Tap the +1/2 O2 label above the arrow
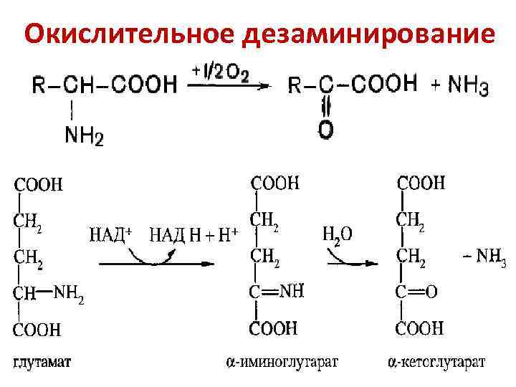click(x=220, y=72)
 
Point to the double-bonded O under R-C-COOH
click(x=325, y=130)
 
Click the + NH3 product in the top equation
click(x=460, y=87)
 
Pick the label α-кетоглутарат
click(x=432, y=363)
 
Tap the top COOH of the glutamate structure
click(x=38, y=185)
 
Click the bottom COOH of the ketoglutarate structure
click(x=420, y=329)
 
